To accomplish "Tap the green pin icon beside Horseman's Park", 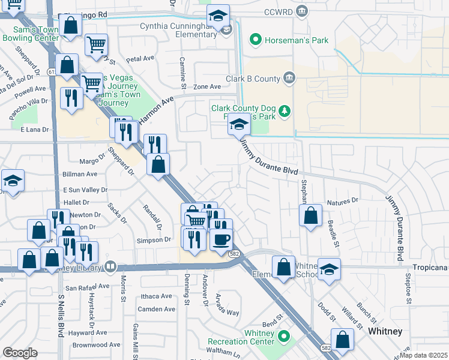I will pyautogui.click(x=256, y=40).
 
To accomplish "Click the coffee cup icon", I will pyautogui.click(x=221, y=240).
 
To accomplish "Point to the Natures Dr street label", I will pyautogui.click(x=342, y=201).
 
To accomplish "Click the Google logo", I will pyautogui.click(x=20, y=353).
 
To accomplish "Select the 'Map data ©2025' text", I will pyautogui.click(x=424, y=355).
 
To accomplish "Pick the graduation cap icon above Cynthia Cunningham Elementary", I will pyautogui.click(x=218, y=16).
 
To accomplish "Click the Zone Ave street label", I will pyautogui.click(x=207, y=87).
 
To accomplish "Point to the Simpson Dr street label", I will pyautogui.click(x=154, y=239).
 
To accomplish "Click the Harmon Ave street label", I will pyautogui.click(x=155, y=111).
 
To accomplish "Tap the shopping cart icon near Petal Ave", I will pyautogui.click(x=96, y=44).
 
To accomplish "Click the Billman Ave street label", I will pyautogui.click(x=80, y=174).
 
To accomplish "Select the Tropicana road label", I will pyautogui.click(x=430, y=266).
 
